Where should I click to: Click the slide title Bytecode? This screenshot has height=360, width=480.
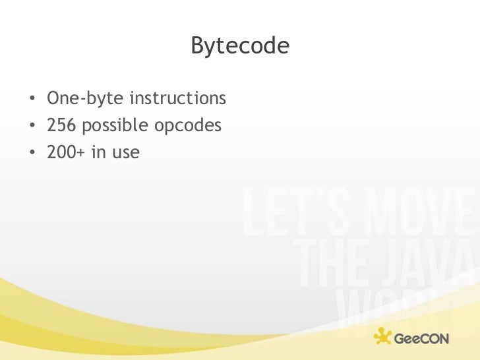[240, 46]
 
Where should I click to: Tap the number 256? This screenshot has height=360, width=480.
[60, 126]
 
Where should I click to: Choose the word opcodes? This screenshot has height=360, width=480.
[187, 126]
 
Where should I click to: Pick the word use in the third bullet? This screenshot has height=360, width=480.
[125, 152]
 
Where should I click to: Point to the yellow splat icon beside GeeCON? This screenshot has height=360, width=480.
[383, 337]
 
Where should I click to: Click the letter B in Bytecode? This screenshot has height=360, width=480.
[197, 46]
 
